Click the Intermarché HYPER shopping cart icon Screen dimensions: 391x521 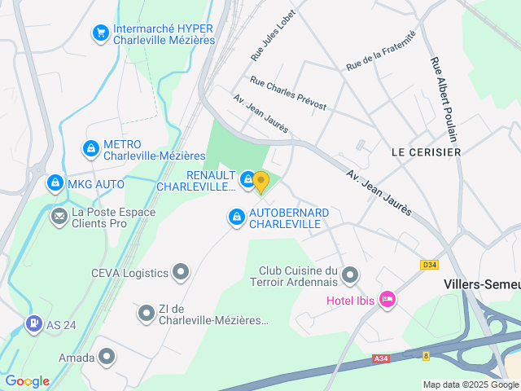pyautogui.click(x=101, y=33)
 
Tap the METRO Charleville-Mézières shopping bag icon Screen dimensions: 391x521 pyautogui.click(x=90, y=149)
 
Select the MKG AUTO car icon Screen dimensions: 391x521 pyautogui.click(x=55, y=184)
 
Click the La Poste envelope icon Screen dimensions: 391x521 pyautogui.click(x=59, y=216)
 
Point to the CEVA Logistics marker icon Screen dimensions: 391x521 pyautogui.click(x=181, y=272)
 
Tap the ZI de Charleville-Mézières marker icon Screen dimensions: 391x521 pyautogui.click(x=147, y=313)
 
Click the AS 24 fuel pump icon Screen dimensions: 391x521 pyautogui.click(x=33, y=324)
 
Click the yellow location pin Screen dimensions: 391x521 pyautogui.click(x=260, y=182)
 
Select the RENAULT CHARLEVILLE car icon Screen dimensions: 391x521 pyautogui.click(x=247, y=178)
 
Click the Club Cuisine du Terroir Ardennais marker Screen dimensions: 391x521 pyautogui.click(x=350, y=275)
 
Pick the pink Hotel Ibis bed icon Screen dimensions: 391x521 pyautogui.click(x=387, y=301)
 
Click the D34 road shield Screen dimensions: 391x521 pyautogui.click(x=429, y=265)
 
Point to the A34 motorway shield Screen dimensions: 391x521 pyautogui.click(x=381, y=358)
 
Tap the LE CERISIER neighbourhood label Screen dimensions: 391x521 pyautogui.click(x=426, y=152)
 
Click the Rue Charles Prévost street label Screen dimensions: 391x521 pyautogui.click(x=288, y=94)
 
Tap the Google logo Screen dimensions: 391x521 pyautogui.click(x=28, y=381)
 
